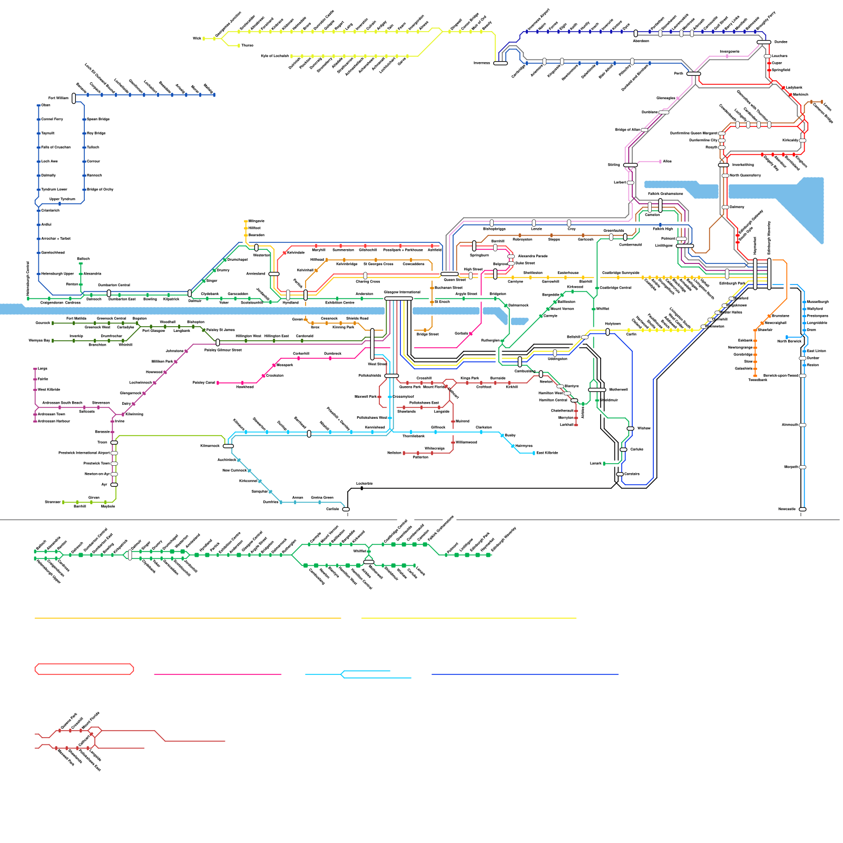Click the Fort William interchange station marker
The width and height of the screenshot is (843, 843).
pos(74,97)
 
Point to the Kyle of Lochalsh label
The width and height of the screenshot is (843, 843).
pos(275,56)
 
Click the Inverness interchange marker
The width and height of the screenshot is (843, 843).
pos(500,63)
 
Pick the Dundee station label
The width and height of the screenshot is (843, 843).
pos(781,42)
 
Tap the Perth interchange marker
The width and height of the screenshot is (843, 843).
pos(694,74)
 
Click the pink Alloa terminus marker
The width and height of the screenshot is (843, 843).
pos(660,162)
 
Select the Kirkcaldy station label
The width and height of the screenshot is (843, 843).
pos(790,140)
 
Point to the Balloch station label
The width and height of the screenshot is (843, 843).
pos(83,259)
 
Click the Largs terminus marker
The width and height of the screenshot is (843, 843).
pos(35,369)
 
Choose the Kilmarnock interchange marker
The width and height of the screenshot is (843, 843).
pos(228,446)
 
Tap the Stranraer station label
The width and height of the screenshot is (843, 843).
pos(53,502)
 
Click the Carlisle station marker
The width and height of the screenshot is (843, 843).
pos(346,509)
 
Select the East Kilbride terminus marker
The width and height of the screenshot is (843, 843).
pos(534,453)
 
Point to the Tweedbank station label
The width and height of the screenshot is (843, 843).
pos(758,380)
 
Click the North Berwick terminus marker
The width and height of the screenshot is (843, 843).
pos(787,337)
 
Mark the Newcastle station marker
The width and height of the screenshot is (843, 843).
pos(802,509)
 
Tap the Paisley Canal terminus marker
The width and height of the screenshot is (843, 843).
pos(218,383)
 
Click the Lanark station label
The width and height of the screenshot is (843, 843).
pos(595,464)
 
